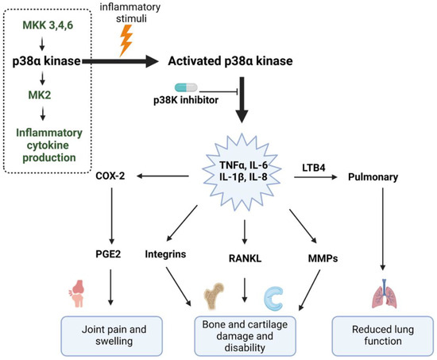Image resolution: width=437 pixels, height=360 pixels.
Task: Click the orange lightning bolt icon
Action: [127, 40]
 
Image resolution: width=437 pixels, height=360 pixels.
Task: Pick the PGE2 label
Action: [110, 255]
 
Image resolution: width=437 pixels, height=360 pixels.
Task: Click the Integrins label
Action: [168, 255]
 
